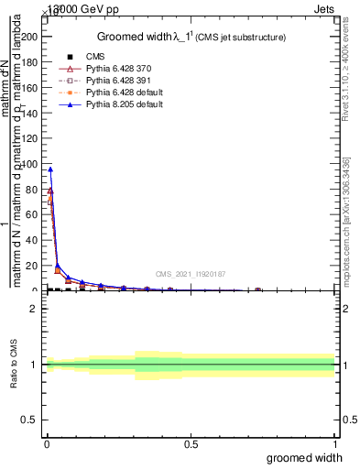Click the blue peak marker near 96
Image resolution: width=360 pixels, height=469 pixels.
tap(50, 169)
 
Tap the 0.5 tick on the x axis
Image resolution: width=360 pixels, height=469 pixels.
tap(191, 444)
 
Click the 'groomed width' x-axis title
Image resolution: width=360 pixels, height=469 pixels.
tap(304, 457)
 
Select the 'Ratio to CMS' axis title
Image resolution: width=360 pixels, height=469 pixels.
tap(15, 365)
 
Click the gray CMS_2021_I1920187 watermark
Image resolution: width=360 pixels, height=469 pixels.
tap(191, 273)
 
